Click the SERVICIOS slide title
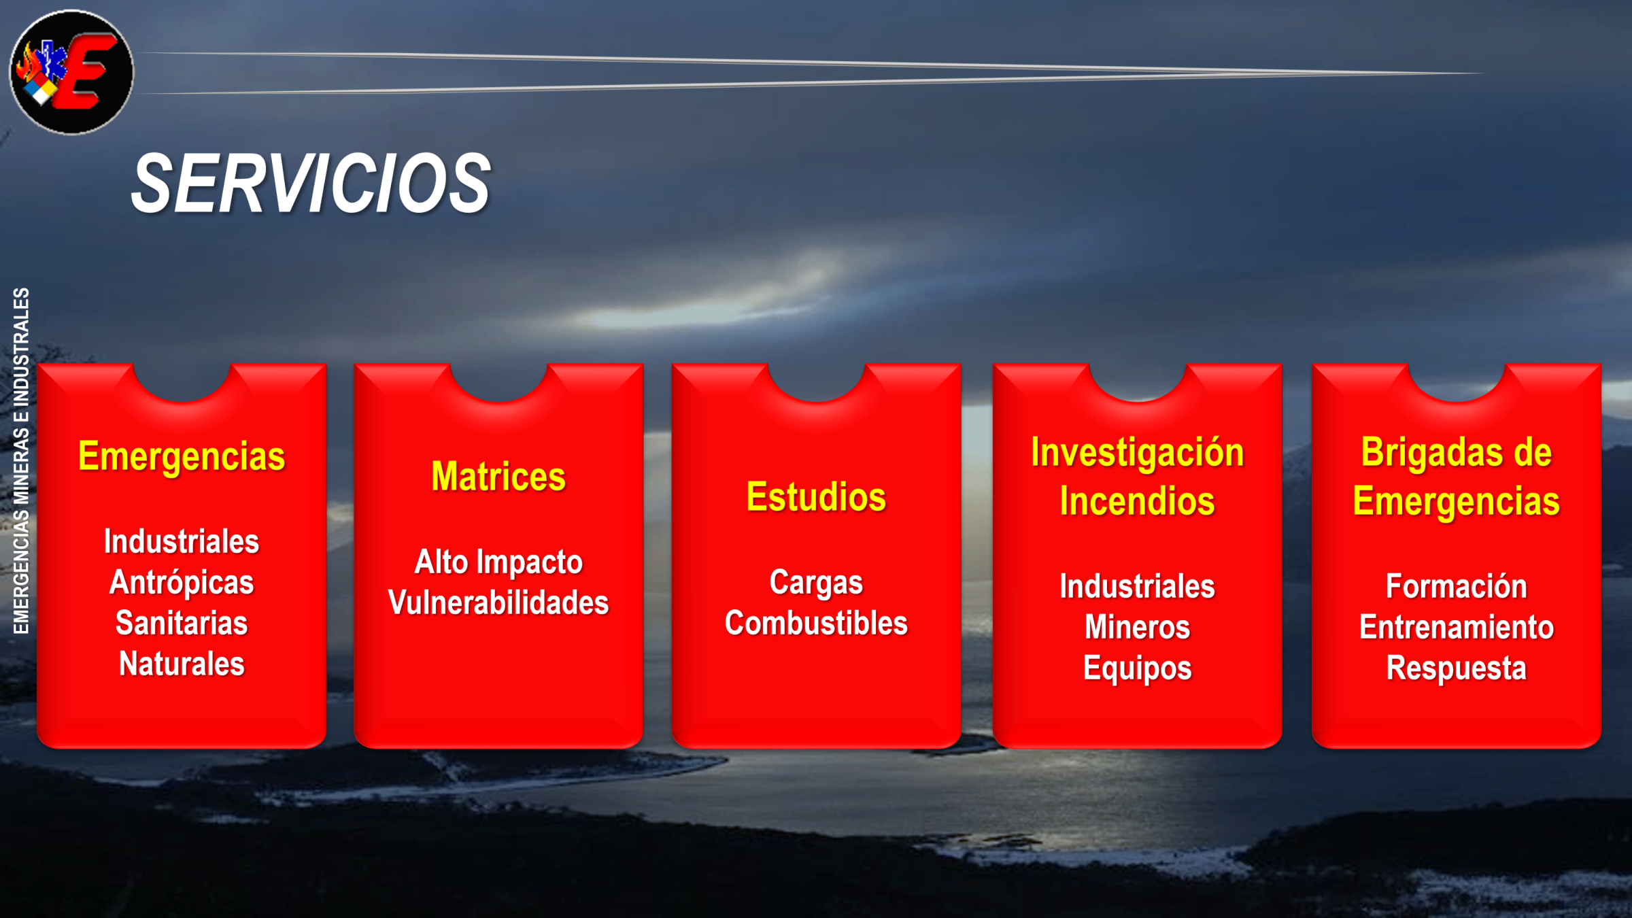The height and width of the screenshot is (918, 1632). tap(311, 183)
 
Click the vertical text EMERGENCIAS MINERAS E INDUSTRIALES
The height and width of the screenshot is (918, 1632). tap(21, 460)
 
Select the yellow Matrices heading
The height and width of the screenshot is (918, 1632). tap(498, 476)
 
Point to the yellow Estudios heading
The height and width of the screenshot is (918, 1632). tap(816, 496)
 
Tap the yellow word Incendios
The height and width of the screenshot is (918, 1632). tap(1137, 501)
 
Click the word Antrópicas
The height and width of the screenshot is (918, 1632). tap(182, 583)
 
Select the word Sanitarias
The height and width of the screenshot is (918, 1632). tap(182, 623)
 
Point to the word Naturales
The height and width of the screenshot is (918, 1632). tap(182, 664)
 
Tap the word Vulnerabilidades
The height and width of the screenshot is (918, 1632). tap(498, 602)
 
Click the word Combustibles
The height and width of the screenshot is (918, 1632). tap(816, 623)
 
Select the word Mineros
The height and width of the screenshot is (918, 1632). tap(1137, 627)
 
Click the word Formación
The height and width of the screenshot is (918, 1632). tap(1457, 586)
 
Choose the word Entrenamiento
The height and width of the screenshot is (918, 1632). tap(1457, 627)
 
